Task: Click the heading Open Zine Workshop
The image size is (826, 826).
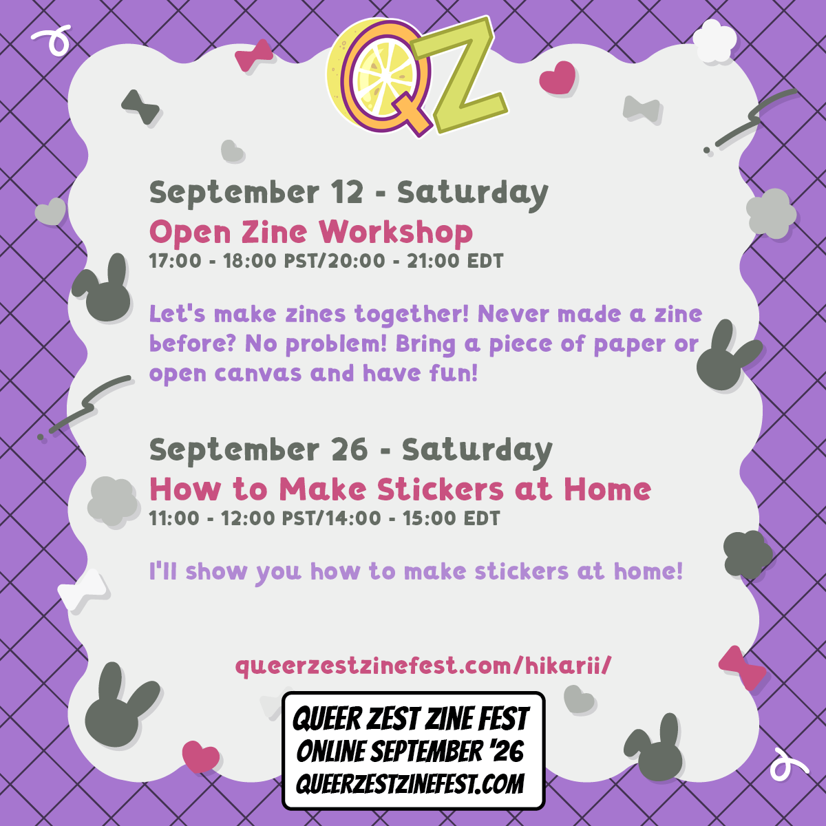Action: [310, 233]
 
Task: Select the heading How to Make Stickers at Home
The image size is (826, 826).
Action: [400, 489]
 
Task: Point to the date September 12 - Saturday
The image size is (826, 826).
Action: [348, 193]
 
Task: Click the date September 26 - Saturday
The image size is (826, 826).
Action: [350, 450]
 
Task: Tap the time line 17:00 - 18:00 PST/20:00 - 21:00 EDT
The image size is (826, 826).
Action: [326, 261]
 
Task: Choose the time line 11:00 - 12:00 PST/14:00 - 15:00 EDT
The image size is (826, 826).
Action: [324, 518]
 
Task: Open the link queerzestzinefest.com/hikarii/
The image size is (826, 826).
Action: [423, 666]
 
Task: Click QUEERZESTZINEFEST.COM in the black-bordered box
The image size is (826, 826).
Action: [410, 784]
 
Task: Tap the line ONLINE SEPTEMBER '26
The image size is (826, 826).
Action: [410, 752]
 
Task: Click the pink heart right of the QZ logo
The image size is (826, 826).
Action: [557, 77]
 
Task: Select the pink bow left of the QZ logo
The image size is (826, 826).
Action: [254, 56]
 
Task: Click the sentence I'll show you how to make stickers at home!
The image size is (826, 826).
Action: [416, 572]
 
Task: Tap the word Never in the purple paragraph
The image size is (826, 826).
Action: [513, 314]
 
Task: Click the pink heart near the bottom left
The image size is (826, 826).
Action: [200, 756]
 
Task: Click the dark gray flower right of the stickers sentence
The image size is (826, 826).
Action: [748, 554]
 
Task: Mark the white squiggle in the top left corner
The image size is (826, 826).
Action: [52, 39]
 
